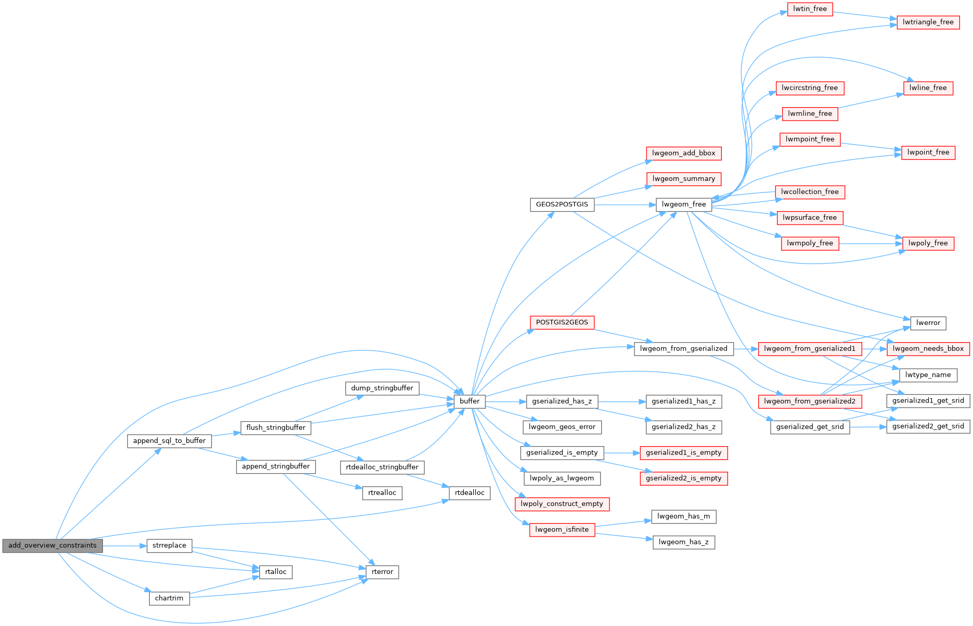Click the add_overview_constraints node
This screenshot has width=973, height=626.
[53, 545]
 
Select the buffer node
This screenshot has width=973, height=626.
[470, 401]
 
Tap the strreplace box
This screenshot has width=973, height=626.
[170, 545]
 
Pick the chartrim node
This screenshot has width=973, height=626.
[169, 598]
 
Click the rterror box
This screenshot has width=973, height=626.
[382, 572]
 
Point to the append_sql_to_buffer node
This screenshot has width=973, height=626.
[170, 441]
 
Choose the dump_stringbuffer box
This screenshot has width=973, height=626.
[382, 388]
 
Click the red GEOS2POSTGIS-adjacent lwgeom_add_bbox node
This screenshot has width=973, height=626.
[684, 153]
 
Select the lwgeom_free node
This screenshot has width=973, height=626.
[684, 204]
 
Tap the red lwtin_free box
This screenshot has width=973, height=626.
[810, 9]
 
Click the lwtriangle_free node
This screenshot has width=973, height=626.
[928, 22]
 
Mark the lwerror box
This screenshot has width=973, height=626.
[928, 323]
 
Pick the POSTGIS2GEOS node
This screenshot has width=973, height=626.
[562, 322]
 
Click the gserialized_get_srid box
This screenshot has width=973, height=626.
[810, 427]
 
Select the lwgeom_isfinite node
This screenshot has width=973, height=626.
[562, 530]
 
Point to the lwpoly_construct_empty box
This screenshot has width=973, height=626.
[562, 504]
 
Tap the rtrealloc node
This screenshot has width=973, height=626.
[382, 493]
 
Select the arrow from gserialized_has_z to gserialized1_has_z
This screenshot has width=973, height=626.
[622, 401]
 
